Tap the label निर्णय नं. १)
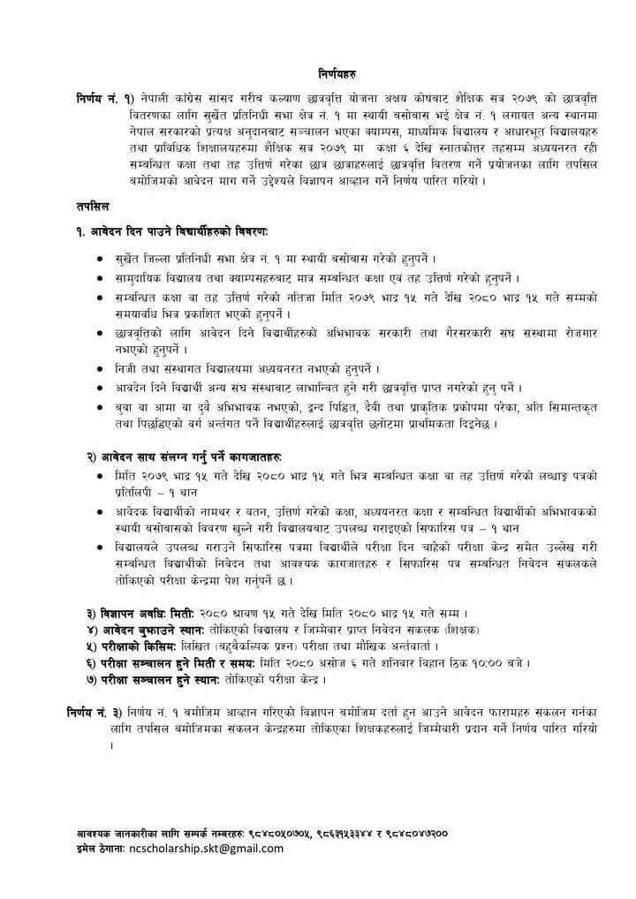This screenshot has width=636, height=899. click(x=105, y=96)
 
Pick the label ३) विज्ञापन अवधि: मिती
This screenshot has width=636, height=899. click(x=140, y=613)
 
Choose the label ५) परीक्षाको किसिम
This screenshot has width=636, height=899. click(x=126, y=646)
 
